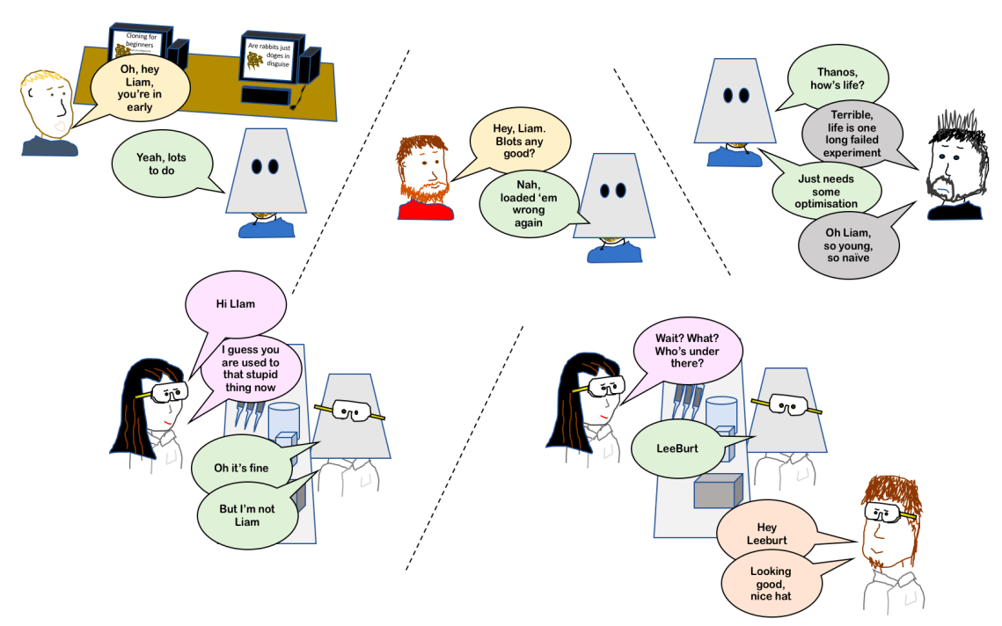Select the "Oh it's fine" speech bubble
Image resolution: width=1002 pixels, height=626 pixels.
(241, 467)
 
